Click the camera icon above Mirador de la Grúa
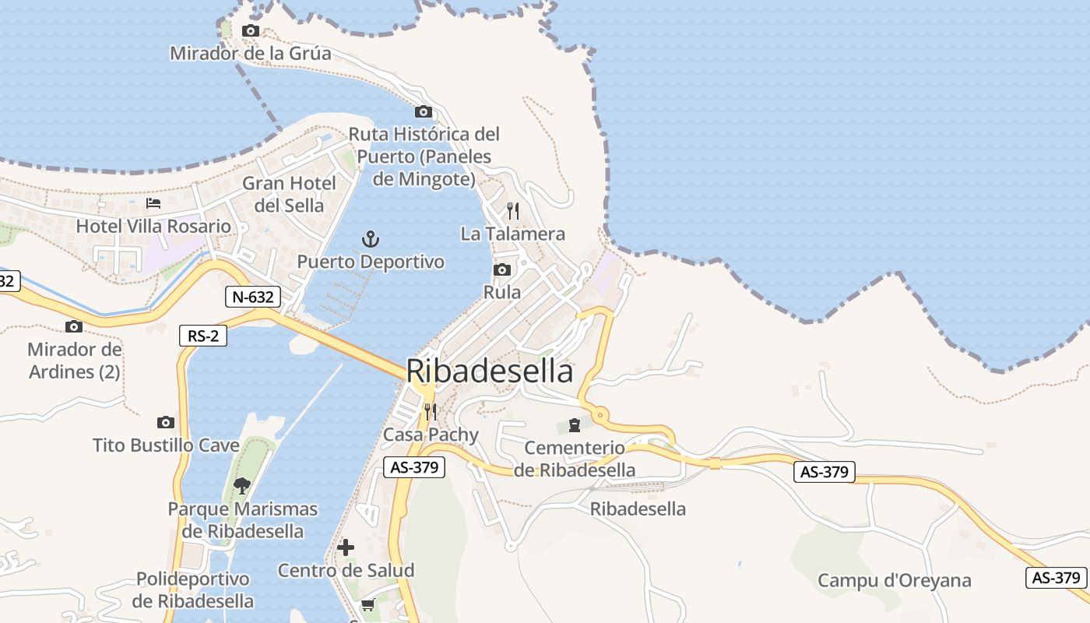click(x=251, y=31)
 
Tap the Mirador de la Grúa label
click(x=251, y=54)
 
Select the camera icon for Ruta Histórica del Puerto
click(x=423, y=112)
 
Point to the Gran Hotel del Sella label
click(x=290, y=195)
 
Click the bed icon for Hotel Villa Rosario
click(x=153, y=203)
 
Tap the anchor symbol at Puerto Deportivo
click(x=371, y=238)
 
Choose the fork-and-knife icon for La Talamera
click(x=512, y=211)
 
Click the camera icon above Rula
click(x=502, y=270)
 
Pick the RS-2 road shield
click(x=202, y=336)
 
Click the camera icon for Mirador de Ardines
click(x=74, y=327)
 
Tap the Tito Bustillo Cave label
click(x=166, y=445)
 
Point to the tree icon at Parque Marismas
click(x=242, y=486)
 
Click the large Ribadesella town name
click(x=490, y=371)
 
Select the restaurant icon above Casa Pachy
click(x=430, y=411)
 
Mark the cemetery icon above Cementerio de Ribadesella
click(x=575, y=425)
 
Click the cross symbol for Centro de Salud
click(x=346, y=547)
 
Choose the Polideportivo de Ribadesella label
click(x=192, y=590)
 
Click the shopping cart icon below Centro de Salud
click(x=367, y=605)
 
